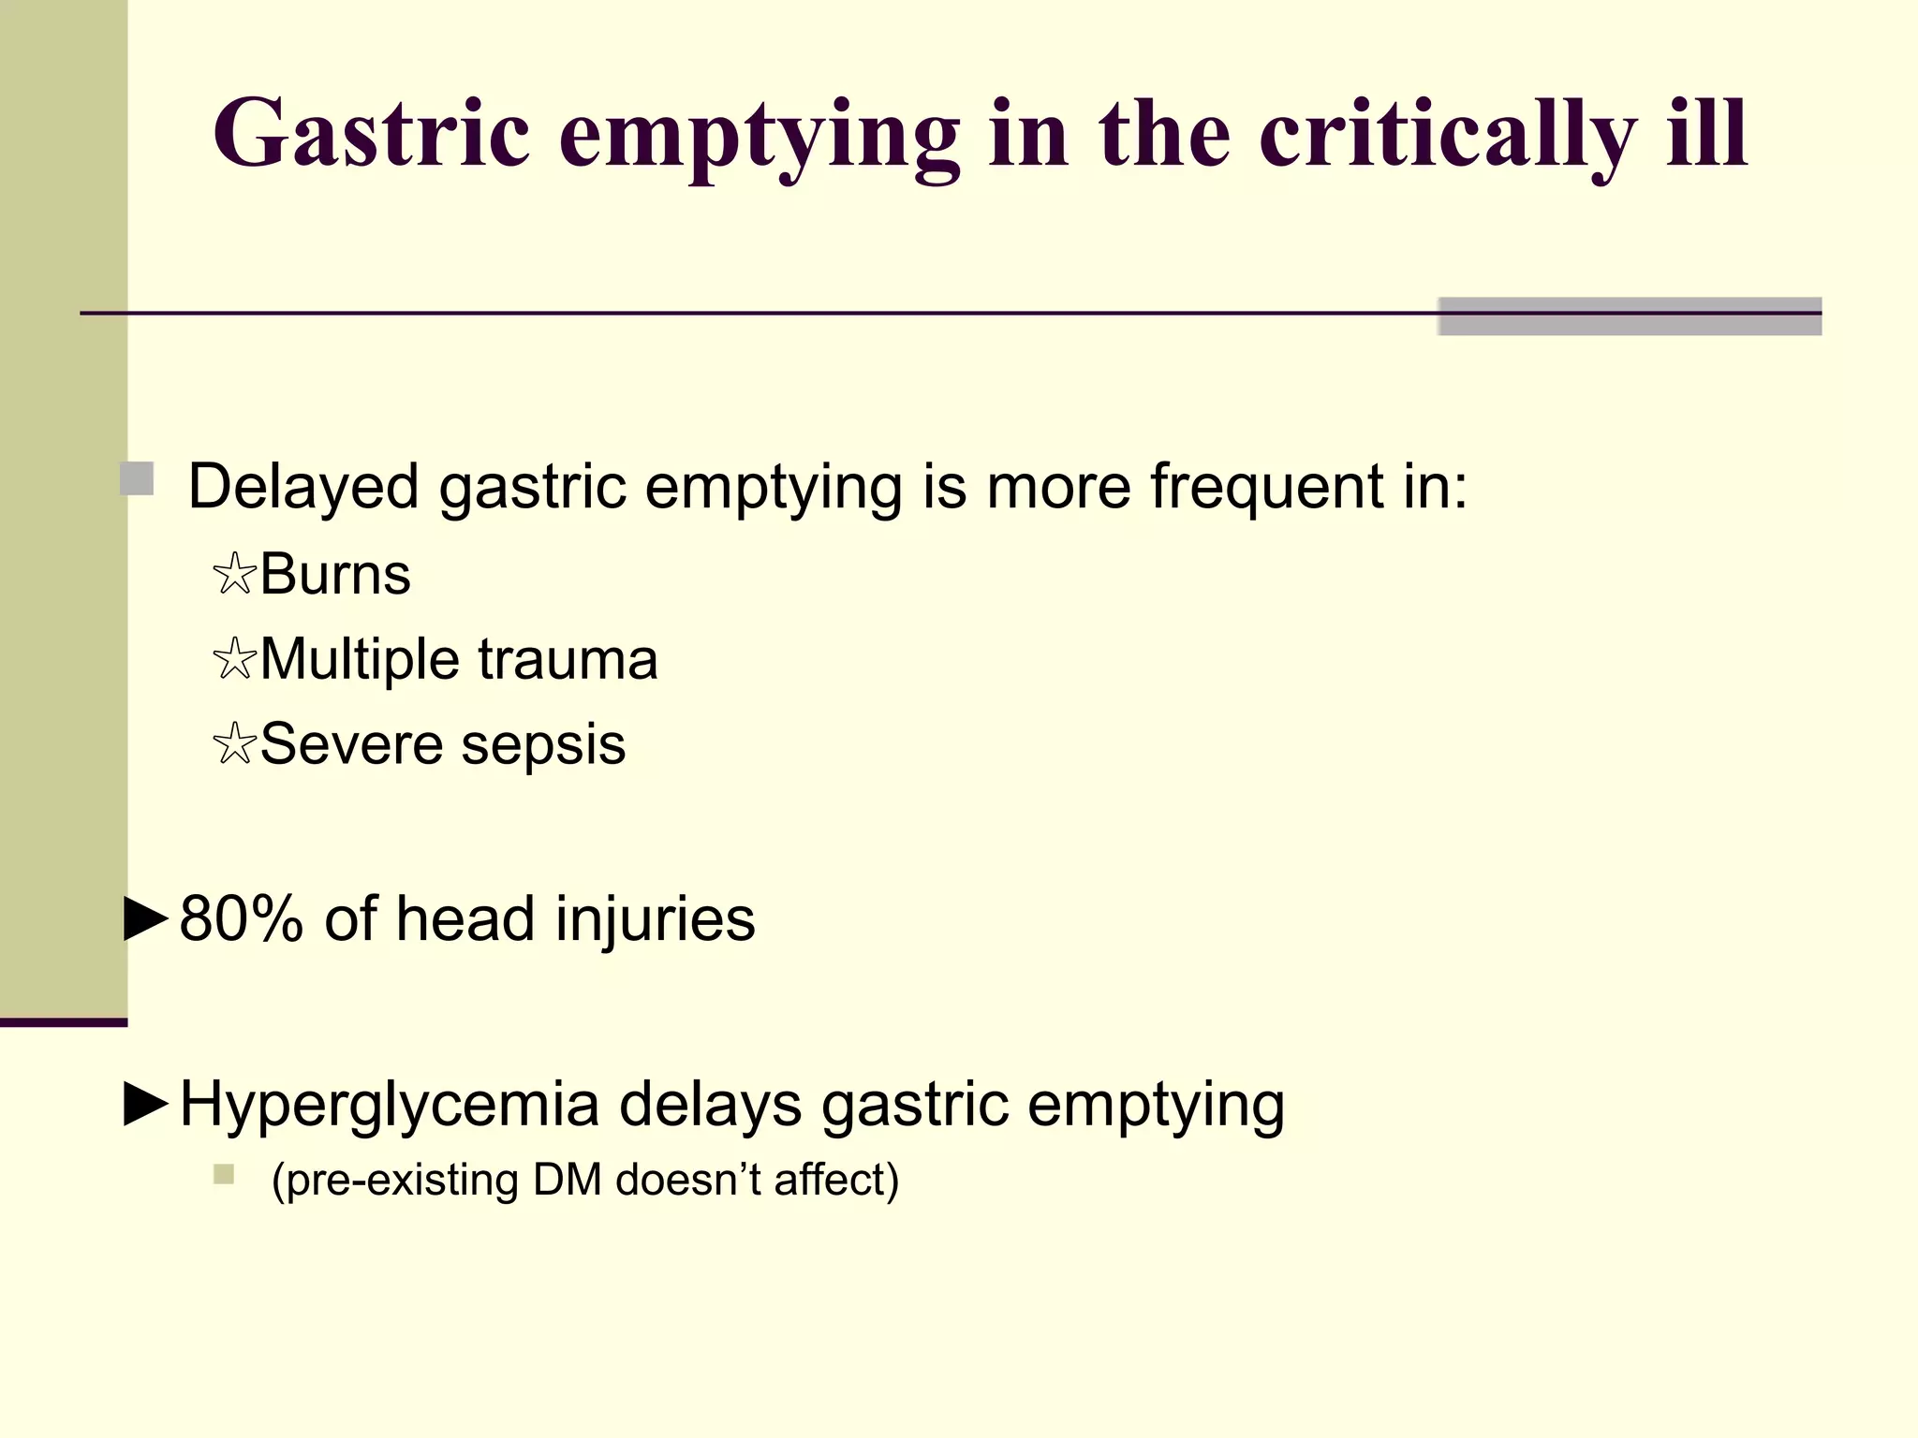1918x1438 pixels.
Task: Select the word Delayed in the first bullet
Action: pyautogui.click(x=303, y=487)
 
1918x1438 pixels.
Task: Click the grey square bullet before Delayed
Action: pyautogui.click(x=137, y=479)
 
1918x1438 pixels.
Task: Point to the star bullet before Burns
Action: pyautogui.click(x=234, y=574)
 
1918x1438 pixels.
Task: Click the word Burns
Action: pyautogui.click(x=335, y=574)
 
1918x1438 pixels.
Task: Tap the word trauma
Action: pyautogui.click(x=568, y=659)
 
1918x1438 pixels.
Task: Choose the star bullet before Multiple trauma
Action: pyautogui.click(x=234, y=659)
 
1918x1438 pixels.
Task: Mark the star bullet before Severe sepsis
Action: pyautogui.click(x=234, y=745)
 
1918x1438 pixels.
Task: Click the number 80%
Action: pyautogui.click(x=241, y=918)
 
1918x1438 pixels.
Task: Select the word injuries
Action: pyautogui.click(x=655, y=918)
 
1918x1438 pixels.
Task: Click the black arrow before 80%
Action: pyautogui.click(x=146, y=918)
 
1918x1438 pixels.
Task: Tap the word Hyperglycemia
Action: pyautogui.click(x=389, y=1104)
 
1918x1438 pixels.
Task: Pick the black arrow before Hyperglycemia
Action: pyautogui.click(x=146, y=1104)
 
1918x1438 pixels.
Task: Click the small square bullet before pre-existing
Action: pyautogui.click(x=223, y=1174)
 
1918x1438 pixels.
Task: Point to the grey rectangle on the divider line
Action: pyautogui.click(x=1630, y=315)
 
